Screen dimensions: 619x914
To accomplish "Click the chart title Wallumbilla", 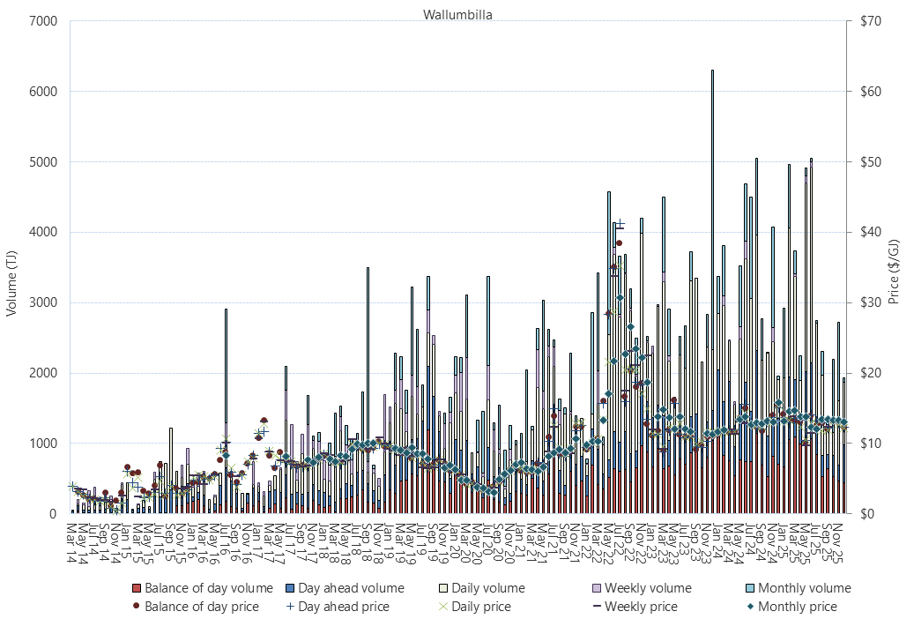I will coord(457,14).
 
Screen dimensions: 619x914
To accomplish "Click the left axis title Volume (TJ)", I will coord(12,267).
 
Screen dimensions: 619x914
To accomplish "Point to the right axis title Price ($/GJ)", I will coord(893,267).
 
